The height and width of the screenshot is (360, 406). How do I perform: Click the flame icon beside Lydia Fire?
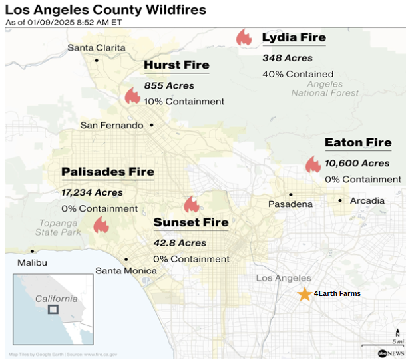tap(244, 37)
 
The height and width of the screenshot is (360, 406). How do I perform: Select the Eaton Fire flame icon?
tap(312, 164)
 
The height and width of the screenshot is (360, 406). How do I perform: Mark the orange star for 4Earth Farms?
tap(304, 293)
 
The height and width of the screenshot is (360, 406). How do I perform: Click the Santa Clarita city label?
tap(97, 47)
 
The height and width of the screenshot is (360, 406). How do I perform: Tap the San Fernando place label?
tap(111, 125)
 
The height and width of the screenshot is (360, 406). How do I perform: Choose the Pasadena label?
tap(290, 204)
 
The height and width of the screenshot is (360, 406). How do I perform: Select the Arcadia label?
tap(367, 200)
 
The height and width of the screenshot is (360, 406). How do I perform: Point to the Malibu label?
tap(32, 262)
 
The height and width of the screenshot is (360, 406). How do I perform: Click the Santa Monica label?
tap(126, 271)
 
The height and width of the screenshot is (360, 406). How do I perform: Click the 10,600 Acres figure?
tap(357, 163)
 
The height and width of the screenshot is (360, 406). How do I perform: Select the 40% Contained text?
tap(298, 74)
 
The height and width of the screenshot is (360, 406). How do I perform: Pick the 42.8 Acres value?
tap(180, 242)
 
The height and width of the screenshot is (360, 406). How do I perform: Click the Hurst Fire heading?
tap(176, 65)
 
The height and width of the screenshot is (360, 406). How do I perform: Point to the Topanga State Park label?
tap(57, 227)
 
